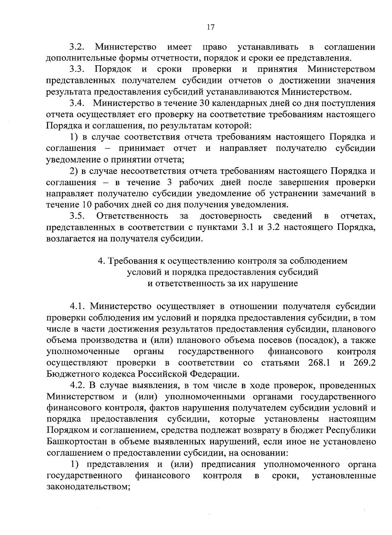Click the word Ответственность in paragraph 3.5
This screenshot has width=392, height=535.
point(132,216)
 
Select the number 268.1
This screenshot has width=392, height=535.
point(319,363)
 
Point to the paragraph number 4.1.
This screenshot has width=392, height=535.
point(77,306)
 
